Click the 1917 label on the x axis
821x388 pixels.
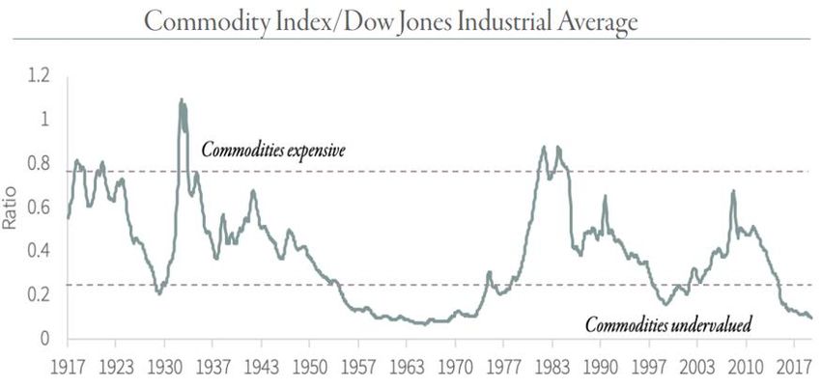tap(68, 367)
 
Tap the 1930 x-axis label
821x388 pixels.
tap(163, 367)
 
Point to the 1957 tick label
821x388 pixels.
tap(357, 367)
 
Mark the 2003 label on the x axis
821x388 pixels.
tap(696, 367)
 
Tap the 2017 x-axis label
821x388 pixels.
tap(793, 367)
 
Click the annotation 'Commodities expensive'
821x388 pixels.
tap(273, 151)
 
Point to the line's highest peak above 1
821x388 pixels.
tap(181, 99)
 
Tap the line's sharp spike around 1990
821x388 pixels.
tap(606, 197)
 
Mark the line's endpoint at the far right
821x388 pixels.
tap(811, 318)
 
